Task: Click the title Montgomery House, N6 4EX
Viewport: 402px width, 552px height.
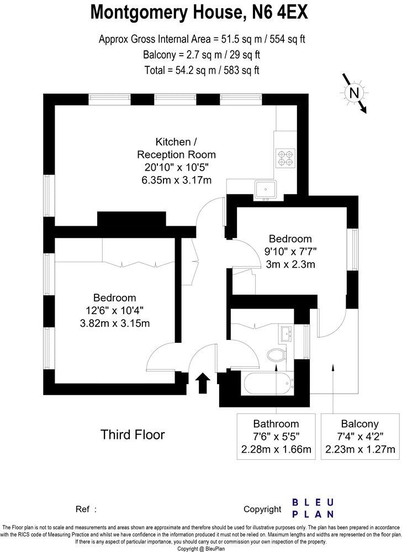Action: tap(200, 12)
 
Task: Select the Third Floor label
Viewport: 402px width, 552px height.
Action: tap(133, 434)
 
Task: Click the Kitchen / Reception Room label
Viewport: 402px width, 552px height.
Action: tap(176, 147)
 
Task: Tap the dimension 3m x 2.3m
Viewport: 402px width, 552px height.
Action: tap(290, 264)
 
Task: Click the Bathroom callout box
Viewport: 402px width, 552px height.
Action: tap(276, 437)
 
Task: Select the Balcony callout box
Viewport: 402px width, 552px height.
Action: tap(359, 437)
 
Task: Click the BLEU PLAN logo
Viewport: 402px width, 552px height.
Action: tap(313, 508)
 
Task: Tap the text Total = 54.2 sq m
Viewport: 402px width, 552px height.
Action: tap(201, 70)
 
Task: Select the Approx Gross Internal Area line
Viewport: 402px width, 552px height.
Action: tap(201, 39)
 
